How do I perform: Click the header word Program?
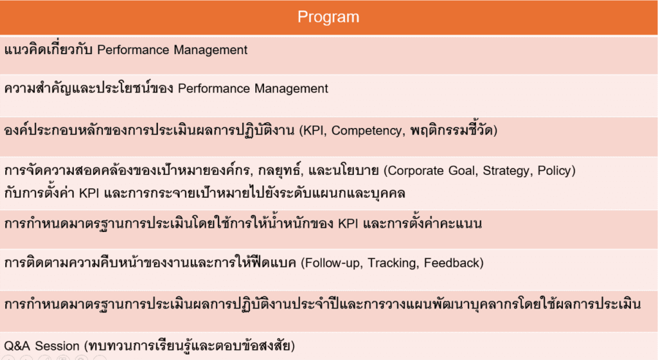[328, 17]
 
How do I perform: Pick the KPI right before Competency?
[314, 130]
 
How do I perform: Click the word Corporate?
[416, 171]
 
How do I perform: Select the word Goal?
[464, 170]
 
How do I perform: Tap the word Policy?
[555, 170]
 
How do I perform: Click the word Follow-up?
[333, 263]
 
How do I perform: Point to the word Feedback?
[452, 263]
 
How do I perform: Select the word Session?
[57, 346]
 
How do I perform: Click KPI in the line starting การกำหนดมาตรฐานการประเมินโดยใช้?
[348, 223]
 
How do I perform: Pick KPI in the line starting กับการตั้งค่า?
[89, 193]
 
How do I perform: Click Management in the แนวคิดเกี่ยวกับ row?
[211, 50]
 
